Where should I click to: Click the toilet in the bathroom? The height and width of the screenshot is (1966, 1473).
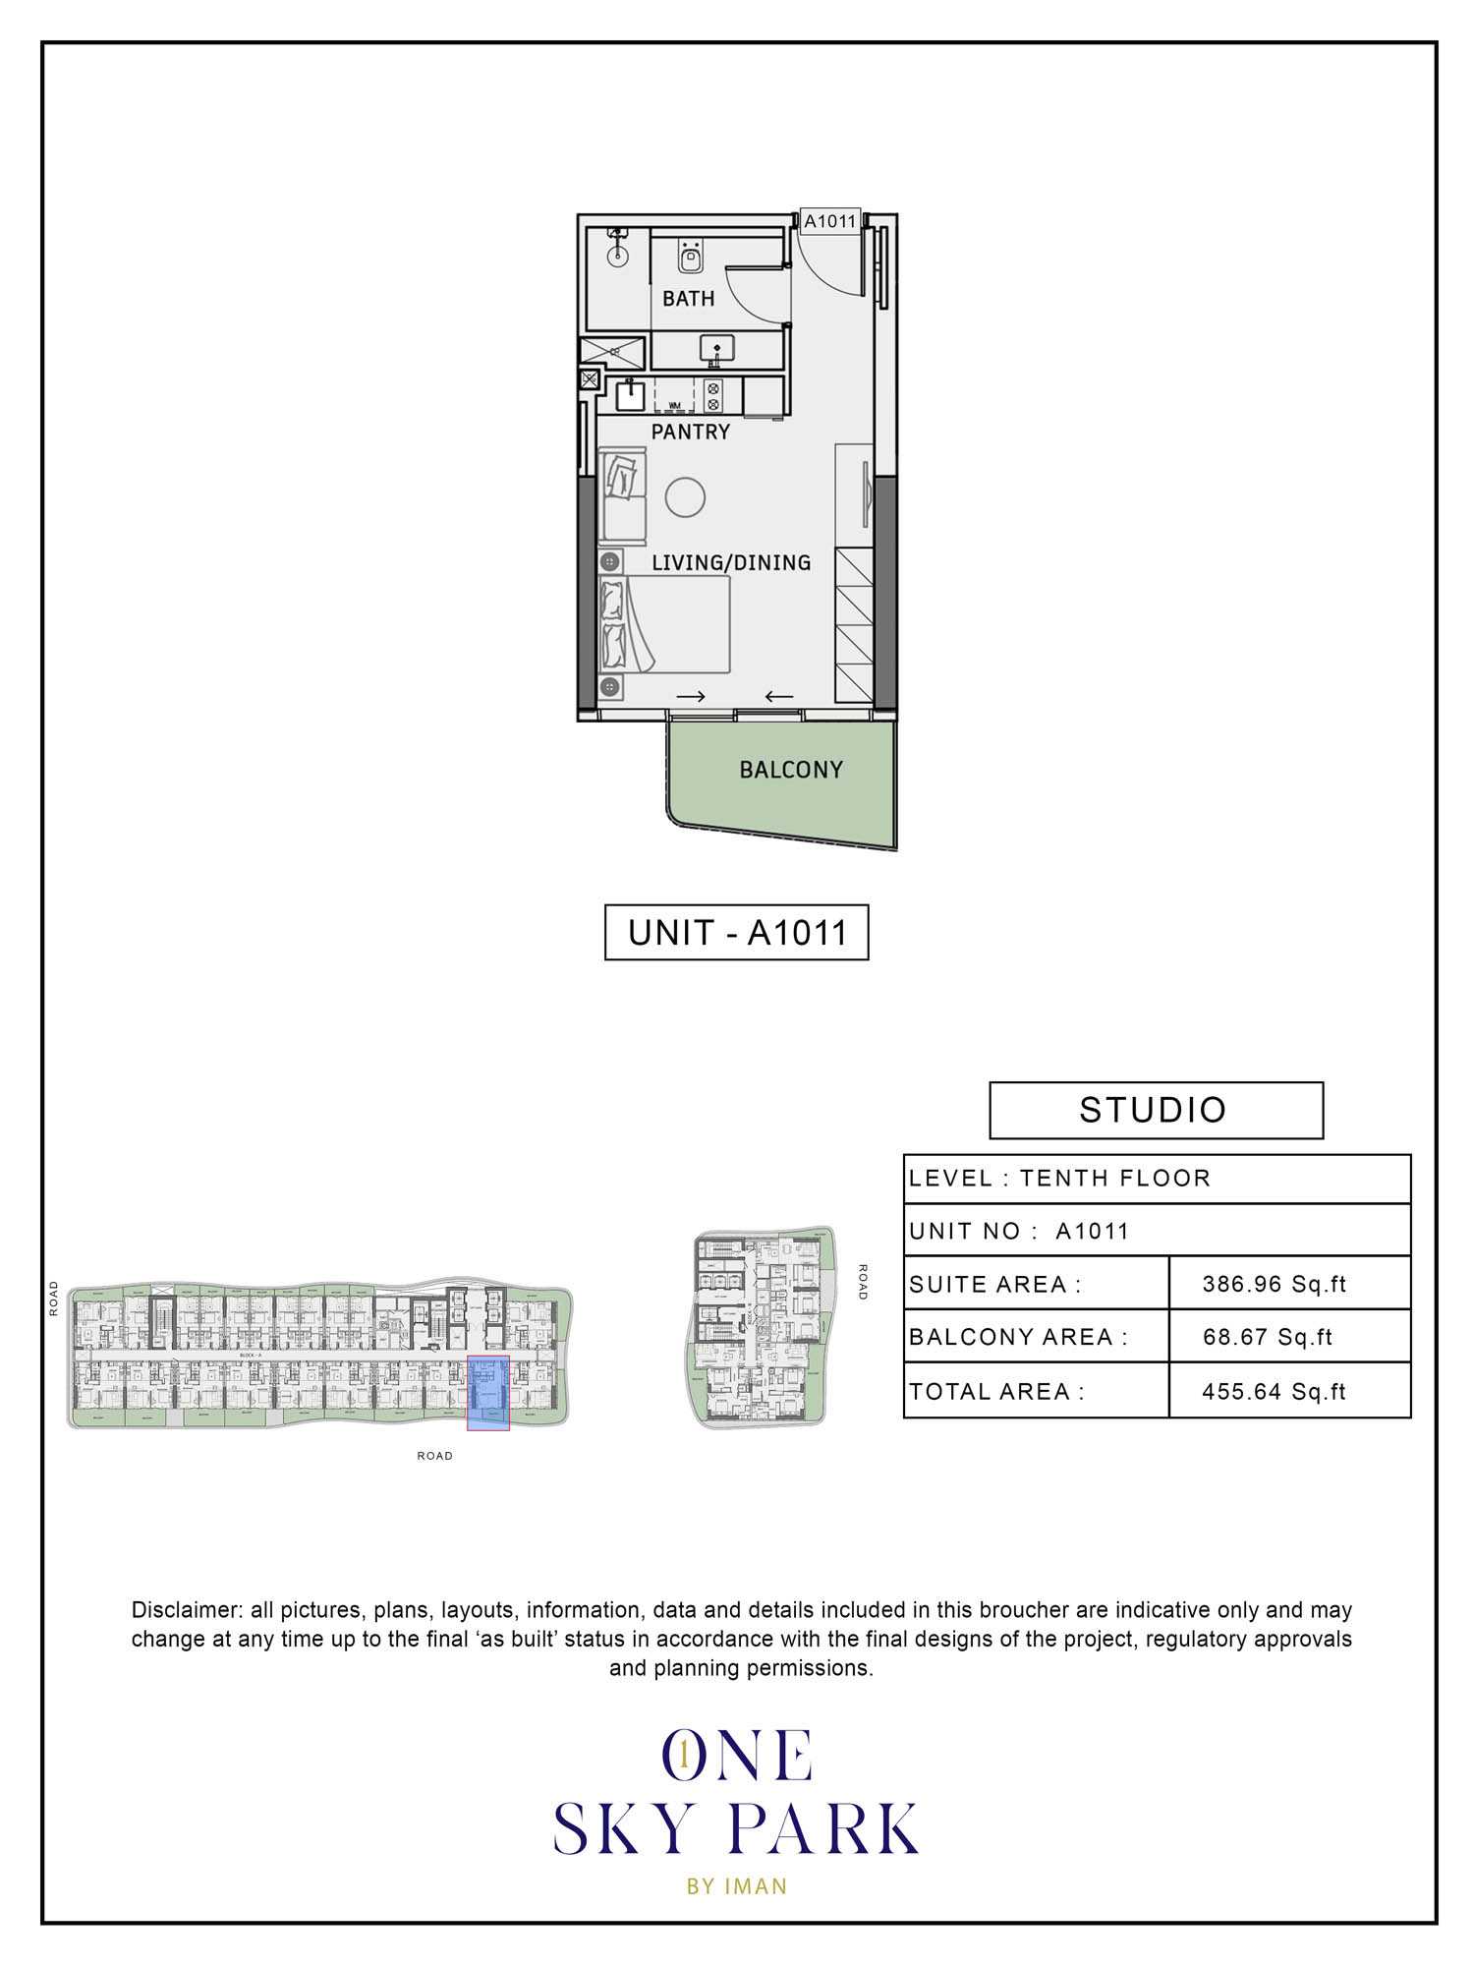pos(690,258)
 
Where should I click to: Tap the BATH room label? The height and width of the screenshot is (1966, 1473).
pos(688,299)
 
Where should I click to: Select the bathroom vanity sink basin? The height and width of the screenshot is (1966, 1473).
pos(715,349)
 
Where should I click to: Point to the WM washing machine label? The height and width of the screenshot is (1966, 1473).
pos(674,405)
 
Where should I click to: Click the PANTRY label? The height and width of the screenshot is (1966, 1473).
pos(690,432)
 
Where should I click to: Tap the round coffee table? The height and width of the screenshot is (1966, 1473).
pos(685,497)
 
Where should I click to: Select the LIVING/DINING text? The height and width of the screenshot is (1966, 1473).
pos(731,562)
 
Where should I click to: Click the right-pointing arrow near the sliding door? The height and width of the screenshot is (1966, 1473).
pos(691,697)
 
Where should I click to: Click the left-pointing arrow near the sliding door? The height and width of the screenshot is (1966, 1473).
pos(779,697)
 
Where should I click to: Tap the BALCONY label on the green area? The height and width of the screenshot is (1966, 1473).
pos(791,770)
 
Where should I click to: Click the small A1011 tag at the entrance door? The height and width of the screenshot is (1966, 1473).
pos(830,222)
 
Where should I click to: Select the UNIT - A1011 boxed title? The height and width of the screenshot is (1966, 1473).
pos(736,932)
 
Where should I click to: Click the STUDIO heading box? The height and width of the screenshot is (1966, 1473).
pos(1155,1110)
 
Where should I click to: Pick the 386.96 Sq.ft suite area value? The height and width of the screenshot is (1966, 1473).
pos(1274,1284)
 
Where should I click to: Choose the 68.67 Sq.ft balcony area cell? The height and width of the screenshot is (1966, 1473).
pos(1267,1337)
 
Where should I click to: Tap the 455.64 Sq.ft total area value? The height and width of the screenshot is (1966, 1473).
pos(1274,1391)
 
